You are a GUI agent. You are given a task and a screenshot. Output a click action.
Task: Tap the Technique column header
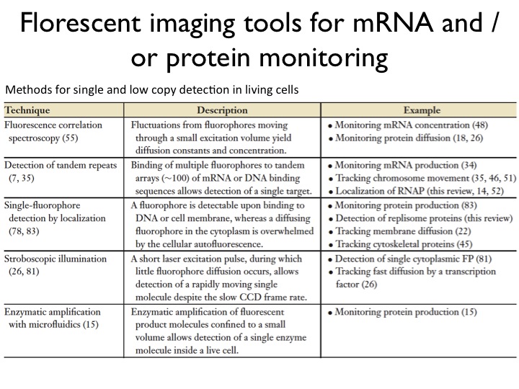click(x=32, y=111)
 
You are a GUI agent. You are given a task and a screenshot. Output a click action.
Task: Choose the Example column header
click(x=422, y=111)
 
